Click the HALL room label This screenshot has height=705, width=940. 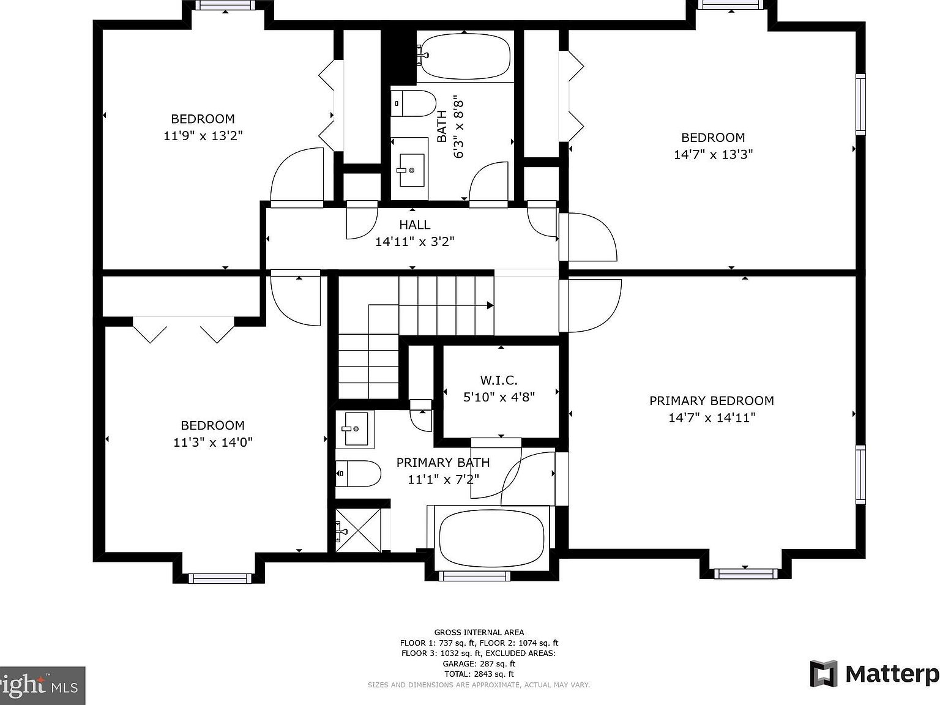click(x=414, y=225)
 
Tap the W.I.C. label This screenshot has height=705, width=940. click(x=499, y=381)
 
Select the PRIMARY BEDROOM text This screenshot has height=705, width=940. click(x=711, y=401)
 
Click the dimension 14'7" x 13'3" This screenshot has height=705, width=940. click(x=713, y=154)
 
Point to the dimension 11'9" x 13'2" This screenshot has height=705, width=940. click(x=203, y=136)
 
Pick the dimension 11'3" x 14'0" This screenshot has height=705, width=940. click(x=212, y=442)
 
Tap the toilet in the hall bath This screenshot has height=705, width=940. click(x=413, y=103)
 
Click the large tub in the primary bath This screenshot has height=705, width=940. click(x=491, y=538)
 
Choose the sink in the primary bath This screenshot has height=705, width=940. click(x=355, y=428)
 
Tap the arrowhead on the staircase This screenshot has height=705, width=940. click(x=490, y=305)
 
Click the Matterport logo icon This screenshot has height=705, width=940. click(x=824, y=674)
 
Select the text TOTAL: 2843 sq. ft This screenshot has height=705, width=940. click(x=479, y=674)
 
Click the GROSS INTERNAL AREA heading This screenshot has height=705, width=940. click(x=479, y=632)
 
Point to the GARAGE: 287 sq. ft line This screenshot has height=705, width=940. click(x=479, y=663)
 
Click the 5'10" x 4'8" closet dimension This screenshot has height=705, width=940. click(x=499, y=397)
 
